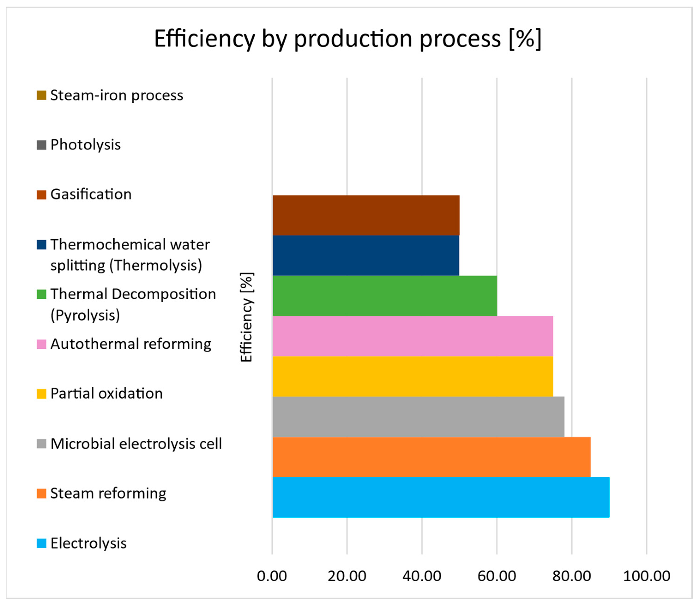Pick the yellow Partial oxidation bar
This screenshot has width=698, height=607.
click(413, 376)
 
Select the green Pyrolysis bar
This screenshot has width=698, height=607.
click(385, 295)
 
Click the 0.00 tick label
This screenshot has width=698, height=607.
click(272, 576)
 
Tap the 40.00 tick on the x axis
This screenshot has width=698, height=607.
click(422, 576)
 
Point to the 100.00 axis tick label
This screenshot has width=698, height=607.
click(647, 576)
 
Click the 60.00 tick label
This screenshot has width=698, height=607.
click(496, 576)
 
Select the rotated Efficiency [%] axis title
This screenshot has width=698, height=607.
click(247, 317)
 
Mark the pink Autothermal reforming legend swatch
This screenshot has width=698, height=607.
click(41, 344)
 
